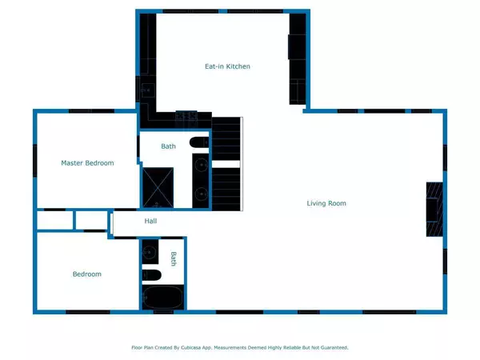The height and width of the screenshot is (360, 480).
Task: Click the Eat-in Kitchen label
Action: pyautogui.click(x=227, y=66)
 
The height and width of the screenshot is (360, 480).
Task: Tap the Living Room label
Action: pyautogui.click(x=326, y=203)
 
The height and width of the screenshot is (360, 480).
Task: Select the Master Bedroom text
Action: pyautogui.click(x=87, y=163)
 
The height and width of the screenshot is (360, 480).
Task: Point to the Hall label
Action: pyautogui.click(x=150, y=222)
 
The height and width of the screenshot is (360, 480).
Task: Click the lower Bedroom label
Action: pyautogui.click(x=87, y=274)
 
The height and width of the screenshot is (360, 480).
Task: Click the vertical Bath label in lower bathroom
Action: pyautogui.click(x=173, y=258)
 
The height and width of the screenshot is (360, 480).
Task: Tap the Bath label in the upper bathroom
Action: pyautogui.click(x=168, y=146)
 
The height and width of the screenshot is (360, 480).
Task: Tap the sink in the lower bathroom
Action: pyautogui.click(x=150, y=253)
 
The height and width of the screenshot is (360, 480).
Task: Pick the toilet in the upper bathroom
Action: pyautogui.click(x=200, y=143)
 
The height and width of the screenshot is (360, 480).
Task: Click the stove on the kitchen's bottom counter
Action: pyautogui.click(x=186, y=116)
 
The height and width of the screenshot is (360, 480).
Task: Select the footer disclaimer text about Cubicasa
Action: pyautogui.click(x=240, y=348)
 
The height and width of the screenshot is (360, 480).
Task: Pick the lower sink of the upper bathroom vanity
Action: pyautogui.click(x=201, y=193)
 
